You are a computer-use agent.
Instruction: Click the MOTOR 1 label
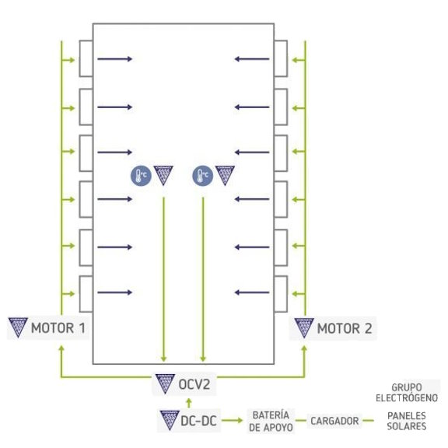pos(58,327)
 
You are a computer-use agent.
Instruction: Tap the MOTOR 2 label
pos(345,328)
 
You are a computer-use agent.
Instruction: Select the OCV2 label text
pos(194,384)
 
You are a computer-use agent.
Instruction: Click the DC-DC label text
pos(198,421)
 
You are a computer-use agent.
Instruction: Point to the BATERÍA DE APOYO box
pos(271,421)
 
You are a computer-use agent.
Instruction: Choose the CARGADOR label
pos(334,421)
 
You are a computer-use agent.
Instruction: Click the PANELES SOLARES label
pos(407,421)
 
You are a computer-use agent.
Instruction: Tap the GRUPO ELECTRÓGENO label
pos(407,393)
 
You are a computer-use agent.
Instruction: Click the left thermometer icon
pos(141,176)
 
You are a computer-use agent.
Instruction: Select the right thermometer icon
pos(202,176)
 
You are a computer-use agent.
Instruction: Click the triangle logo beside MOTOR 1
pos(18,327)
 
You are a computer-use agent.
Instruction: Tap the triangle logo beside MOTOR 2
pos(304,328)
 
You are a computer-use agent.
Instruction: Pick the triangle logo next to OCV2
pos(165,383)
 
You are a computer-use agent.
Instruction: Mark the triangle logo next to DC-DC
pos(170,420)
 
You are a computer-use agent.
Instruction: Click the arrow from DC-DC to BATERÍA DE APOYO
pos(232,420)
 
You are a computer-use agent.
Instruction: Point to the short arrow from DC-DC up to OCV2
pos(188,403)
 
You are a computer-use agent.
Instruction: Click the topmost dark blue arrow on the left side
pos(115,59)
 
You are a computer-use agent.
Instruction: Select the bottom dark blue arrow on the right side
pos(252,292)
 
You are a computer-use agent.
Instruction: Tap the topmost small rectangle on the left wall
pos(86,58)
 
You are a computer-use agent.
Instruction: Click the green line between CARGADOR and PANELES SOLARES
pos(369,421)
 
